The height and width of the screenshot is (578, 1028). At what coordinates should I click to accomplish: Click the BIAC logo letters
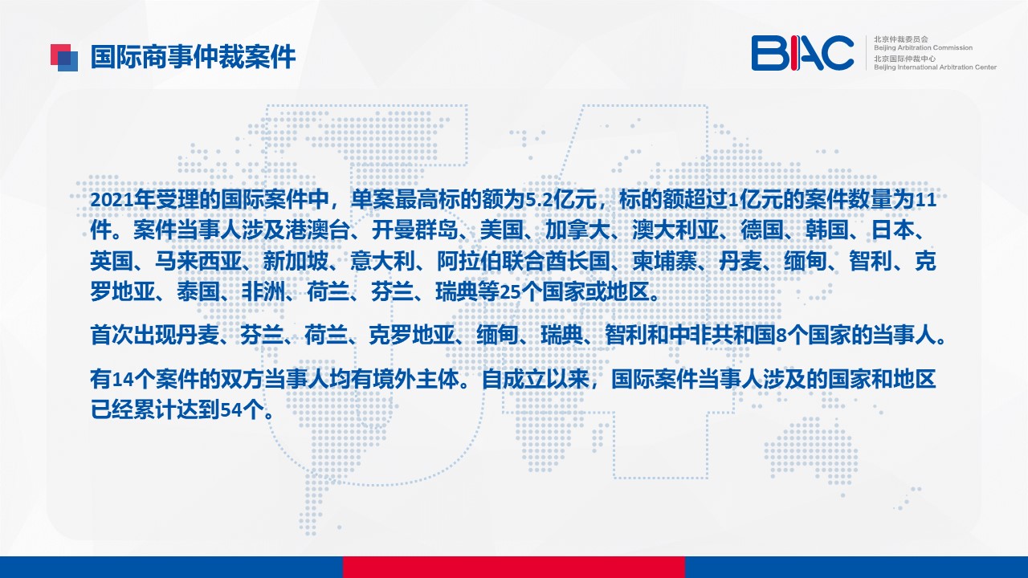[x=802, y=53]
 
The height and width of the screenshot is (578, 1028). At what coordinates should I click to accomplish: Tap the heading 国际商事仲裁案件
[x=193, y=57]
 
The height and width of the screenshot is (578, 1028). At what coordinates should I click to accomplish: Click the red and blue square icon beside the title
[x=64, y=58]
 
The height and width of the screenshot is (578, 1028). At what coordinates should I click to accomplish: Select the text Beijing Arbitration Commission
[x=923, y=47]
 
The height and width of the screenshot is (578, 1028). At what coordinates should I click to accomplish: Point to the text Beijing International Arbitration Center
[x=935, y=67]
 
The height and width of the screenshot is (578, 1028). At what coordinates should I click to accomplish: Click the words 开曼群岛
[x=415, y=230]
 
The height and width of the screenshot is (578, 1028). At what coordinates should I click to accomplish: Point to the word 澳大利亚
[x=675, y=230]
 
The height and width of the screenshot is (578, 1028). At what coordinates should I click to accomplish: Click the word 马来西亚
[x=198, y=261]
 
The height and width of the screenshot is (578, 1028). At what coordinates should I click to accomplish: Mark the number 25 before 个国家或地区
[x=510, y=291]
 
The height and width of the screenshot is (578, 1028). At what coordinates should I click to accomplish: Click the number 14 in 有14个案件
[x=123, y=380]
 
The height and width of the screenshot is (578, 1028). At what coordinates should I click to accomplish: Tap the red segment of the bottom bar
[x=513, y=567]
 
